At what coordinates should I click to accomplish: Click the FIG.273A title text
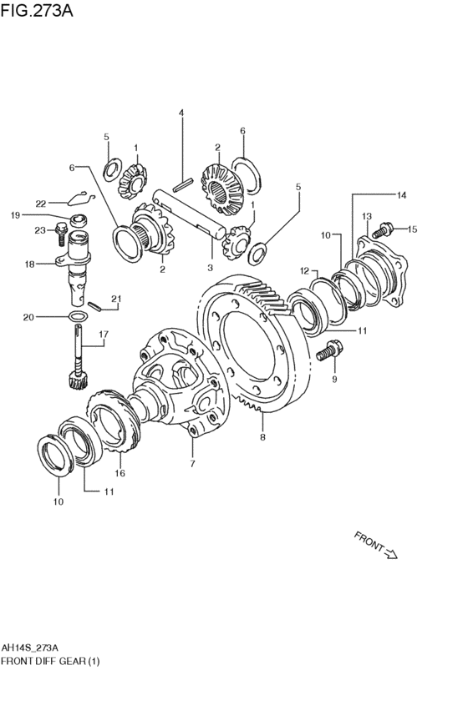[37, 10]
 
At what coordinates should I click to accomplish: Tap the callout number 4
[181, 113]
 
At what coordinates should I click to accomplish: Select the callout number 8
[262, 437]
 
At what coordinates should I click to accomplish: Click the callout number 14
[401, 195]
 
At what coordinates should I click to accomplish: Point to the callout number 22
[41, 204]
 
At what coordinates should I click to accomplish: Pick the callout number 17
[104, 335]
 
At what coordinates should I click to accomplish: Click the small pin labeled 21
[94, 305]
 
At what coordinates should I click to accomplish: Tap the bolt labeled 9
[329, 351]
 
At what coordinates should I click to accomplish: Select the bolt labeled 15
[382, 230]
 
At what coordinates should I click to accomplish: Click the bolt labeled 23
[61, 234]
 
